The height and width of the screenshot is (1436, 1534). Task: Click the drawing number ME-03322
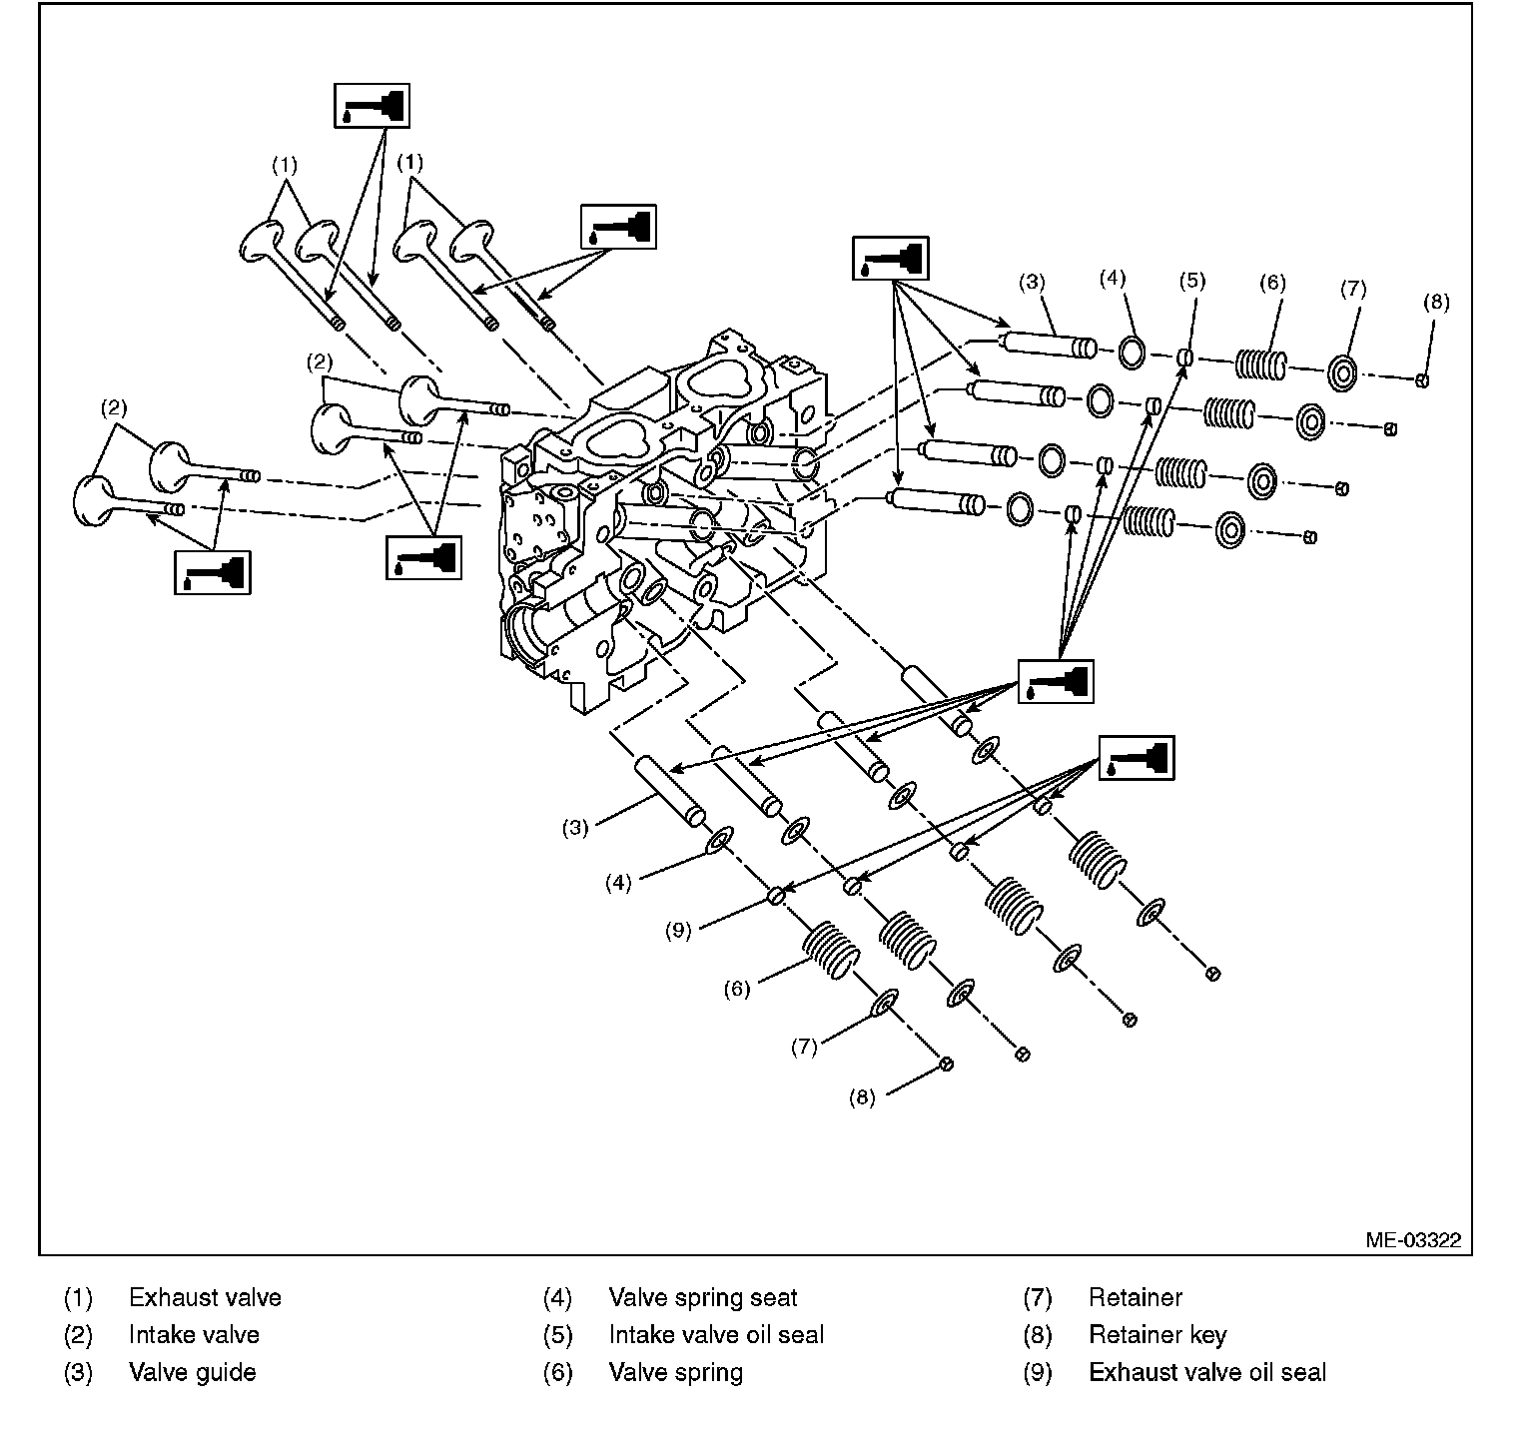point(1413,1240)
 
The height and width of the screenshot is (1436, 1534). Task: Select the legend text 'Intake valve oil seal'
point(716,1335)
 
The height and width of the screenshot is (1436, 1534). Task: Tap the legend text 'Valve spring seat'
point(702,1298)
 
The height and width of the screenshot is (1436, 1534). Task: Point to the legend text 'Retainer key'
point(1156,1335)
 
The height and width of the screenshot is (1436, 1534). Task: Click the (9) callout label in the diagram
point(678,931)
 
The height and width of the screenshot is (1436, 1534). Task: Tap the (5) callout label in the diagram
point(1190,282)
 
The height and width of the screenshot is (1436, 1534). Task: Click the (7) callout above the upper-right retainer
point(1352,289)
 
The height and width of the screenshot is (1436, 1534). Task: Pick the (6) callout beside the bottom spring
point(736,989)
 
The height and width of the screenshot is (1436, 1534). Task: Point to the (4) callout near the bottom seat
point(619,883)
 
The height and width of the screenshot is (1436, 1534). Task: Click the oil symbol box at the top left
point(371,105)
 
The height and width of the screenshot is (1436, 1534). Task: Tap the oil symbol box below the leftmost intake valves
point(213,572)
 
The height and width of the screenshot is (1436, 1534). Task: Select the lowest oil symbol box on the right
point(1137,757)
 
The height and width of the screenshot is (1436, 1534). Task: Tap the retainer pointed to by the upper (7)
point(1342,374)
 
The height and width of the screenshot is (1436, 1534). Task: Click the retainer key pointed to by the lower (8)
point(945,1066)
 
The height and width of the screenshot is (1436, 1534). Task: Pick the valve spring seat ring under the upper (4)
point(1132,353)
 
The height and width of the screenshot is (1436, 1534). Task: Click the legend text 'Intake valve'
point(194,1335)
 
